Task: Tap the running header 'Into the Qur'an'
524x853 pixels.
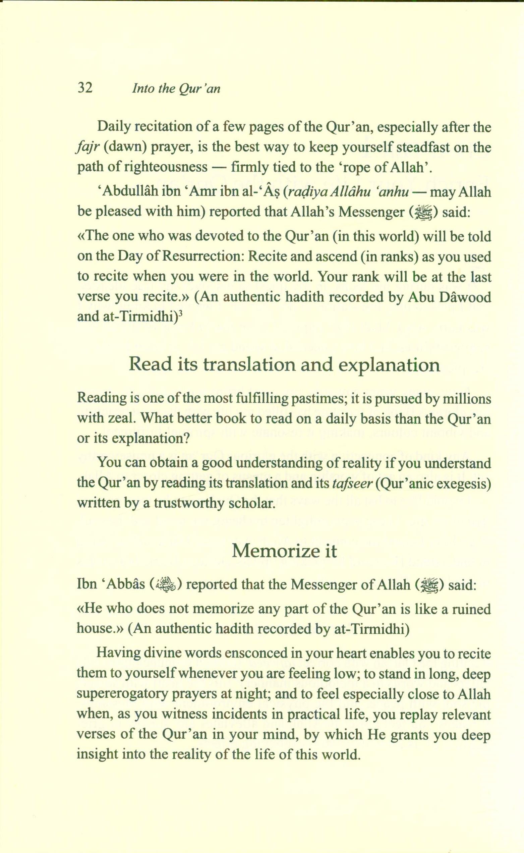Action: pyautogui.click(x=176, y=89)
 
